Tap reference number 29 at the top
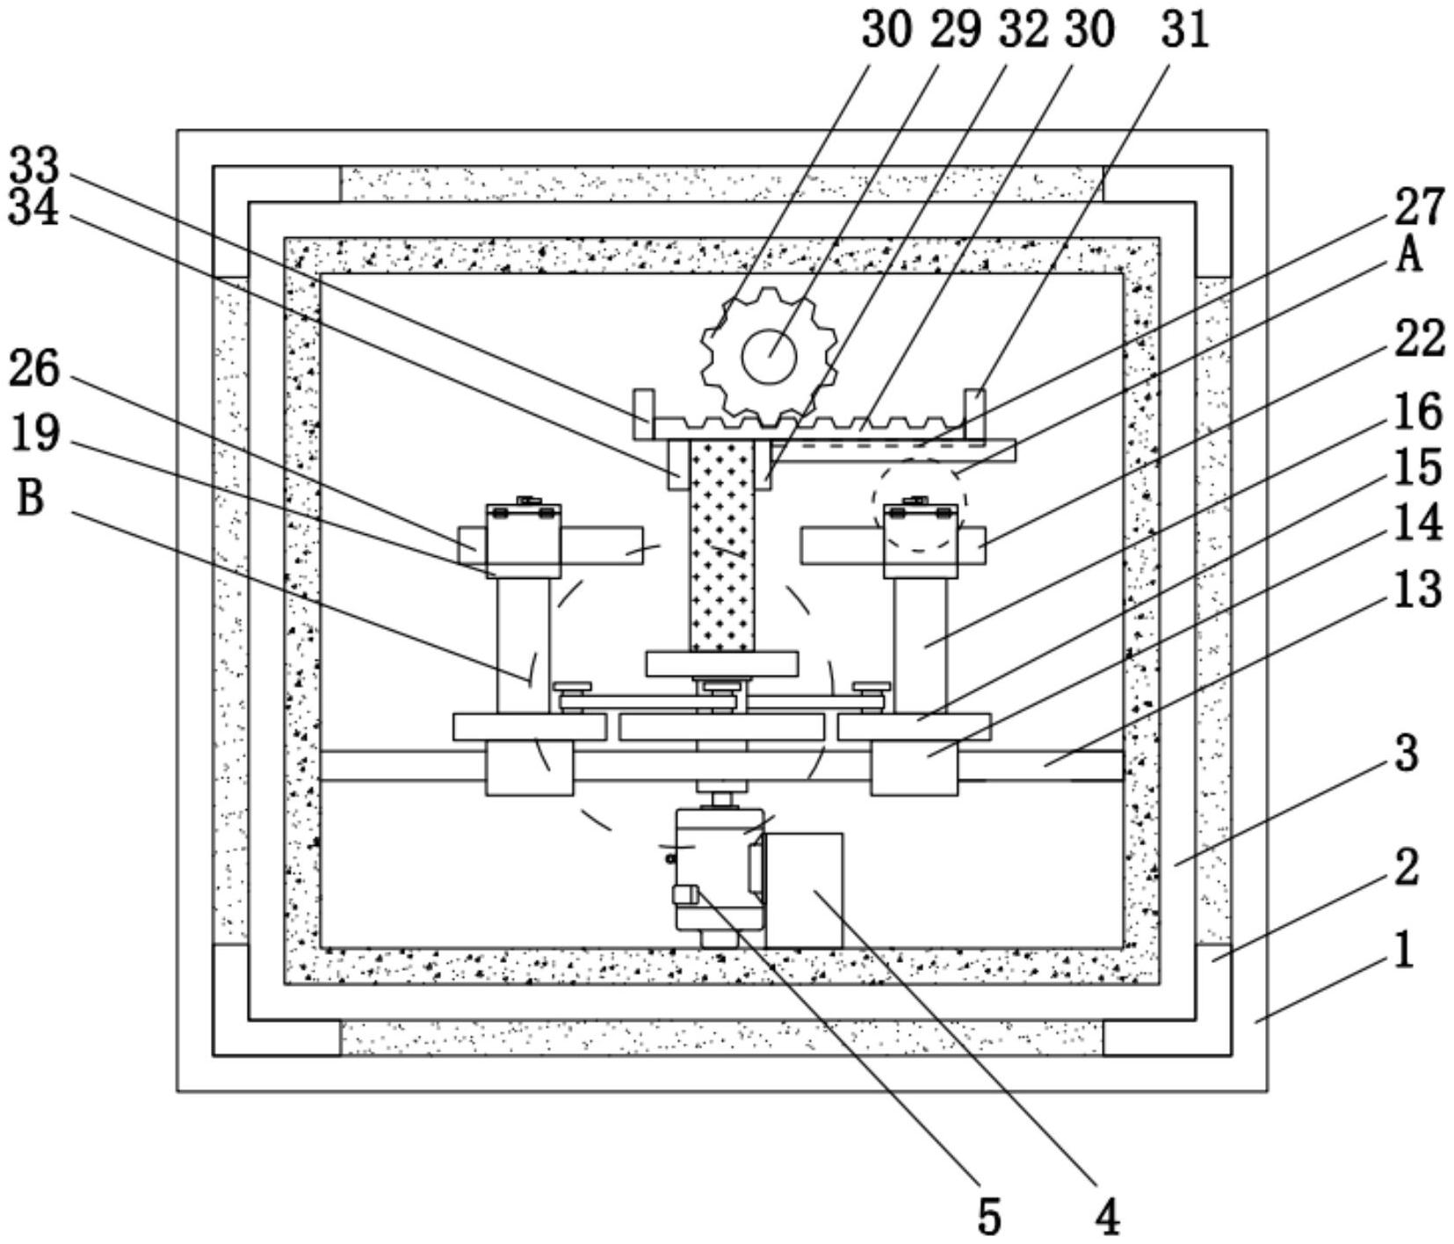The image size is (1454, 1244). pos(955,30)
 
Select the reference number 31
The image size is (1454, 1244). pos(1185,30)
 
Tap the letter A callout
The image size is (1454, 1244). pos(1409,256)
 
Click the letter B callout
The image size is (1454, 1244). pos(30,498)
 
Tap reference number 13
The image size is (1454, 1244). pos(1418,589)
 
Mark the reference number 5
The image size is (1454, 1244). pos(989,1217)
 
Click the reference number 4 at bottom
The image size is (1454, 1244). pos(1108,1217)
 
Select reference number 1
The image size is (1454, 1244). pos(1405,951)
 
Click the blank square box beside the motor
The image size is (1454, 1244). pos(804,890)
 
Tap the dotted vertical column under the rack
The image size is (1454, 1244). pos(722,545)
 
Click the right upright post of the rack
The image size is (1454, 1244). pos(974,413)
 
